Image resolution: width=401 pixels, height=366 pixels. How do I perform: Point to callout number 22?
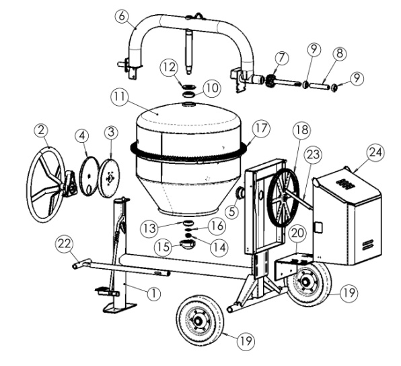pos(64,242)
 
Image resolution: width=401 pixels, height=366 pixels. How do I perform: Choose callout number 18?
pos(299,129)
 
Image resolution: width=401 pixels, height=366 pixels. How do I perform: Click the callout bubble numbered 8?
pos(341,51)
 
